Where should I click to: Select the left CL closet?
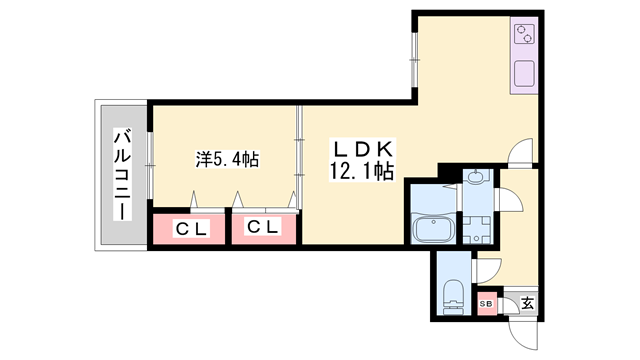pyautogui.click(x=190, y=229)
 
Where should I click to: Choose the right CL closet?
pyautogui.click(x=265, y=229)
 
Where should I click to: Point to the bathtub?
pyautogui.click(x=434, y=229)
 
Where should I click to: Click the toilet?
pyautogui.click(x=453, y=295)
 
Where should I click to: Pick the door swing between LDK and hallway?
pyautogui.click(x=522, y=152)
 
